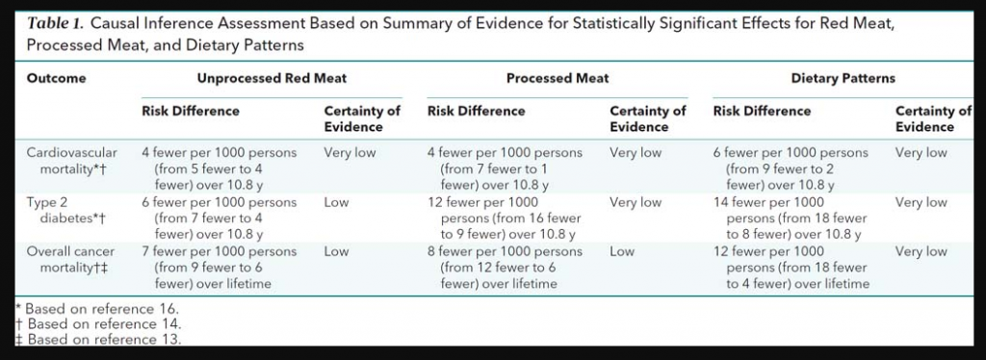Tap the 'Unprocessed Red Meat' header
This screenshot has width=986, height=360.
(272, 78)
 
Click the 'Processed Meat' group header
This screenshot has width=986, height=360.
(558, 78)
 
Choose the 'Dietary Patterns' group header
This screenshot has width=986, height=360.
(843, 78)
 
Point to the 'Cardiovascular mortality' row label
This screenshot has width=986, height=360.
(72, 160)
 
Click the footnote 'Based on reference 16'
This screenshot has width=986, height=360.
(101, 309)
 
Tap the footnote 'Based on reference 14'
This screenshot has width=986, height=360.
(101, 324)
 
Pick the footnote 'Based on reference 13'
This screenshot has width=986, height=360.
(101, 339)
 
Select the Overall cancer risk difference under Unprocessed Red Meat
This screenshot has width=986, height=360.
(220, 267)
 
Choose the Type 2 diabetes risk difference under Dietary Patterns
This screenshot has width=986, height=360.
(791, 218)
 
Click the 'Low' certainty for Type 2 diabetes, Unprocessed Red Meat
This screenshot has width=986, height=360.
(336, 202)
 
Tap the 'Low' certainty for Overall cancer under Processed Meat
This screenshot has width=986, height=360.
(622, 251)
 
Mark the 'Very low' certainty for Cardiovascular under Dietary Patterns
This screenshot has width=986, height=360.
(921, 152)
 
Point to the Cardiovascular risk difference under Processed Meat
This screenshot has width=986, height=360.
(506, 167)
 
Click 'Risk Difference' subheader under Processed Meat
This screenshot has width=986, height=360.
(477, 111)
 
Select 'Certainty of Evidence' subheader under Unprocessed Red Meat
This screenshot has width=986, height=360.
(362, 118)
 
